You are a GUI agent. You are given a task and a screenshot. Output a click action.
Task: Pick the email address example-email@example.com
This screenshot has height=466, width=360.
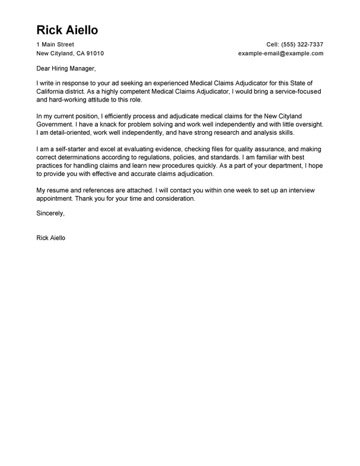(x=281, y=53)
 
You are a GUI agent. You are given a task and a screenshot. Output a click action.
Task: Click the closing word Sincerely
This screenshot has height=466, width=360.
(x=50, y=213)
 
